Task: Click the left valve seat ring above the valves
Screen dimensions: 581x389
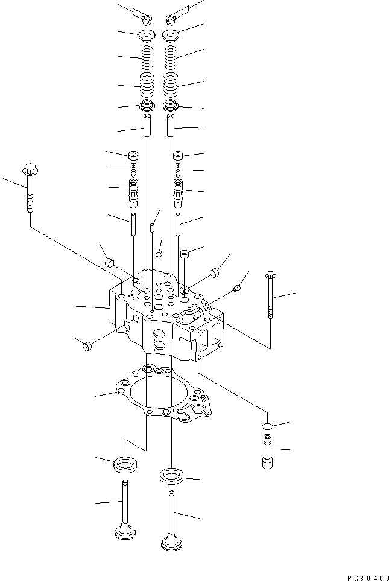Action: (125, 465)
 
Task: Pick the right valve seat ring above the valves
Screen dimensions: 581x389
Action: (172, 475)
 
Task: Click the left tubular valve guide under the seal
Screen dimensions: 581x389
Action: (147, 124)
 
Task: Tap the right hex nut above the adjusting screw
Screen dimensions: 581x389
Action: (179, 156)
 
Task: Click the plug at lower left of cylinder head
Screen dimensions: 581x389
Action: (86, 345)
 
